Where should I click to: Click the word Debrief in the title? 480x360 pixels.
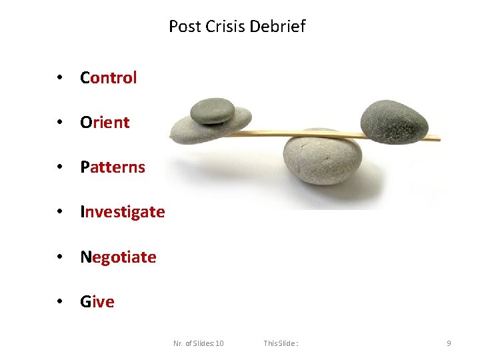281,27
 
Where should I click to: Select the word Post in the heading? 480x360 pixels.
184,27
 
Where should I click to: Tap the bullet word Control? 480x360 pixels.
108,77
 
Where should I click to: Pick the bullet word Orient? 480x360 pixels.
105,122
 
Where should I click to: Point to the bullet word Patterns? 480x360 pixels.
112,167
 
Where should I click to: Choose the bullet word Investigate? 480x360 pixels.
122,211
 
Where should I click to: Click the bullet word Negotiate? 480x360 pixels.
118,257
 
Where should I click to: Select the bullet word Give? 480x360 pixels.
97,301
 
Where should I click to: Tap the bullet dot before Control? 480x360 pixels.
60,77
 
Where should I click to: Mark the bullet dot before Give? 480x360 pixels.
60,301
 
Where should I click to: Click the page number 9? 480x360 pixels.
449,343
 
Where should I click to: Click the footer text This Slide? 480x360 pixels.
280,343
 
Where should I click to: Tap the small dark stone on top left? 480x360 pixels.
212,111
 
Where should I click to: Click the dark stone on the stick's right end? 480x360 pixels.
393,121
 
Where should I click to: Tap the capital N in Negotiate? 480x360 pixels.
85,257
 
